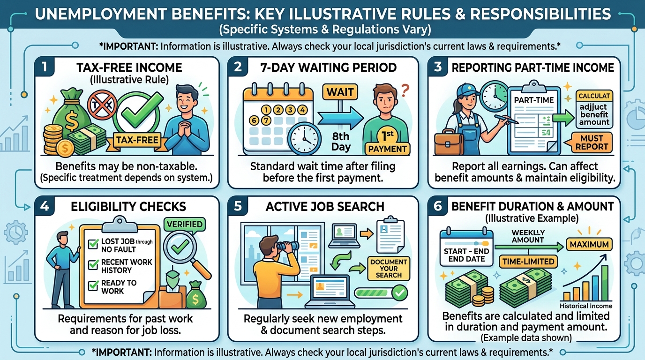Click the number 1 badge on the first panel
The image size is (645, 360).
(x=45, y=67)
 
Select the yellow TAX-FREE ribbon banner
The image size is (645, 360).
(x=137, y=141)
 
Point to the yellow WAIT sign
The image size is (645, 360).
(x=340, y=92)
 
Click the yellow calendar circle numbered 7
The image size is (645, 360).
(x=266, y=120)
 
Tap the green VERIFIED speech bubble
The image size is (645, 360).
(x=184, y=225)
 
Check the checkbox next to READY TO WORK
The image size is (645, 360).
(x=93, y=285)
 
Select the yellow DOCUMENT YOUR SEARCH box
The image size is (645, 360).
(x=389, y=269)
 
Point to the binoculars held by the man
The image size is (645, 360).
(x=288, y=246)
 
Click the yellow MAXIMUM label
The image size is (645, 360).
(x=589, y=245)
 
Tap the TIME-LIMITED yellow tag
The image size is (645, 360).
(x=528, y=262)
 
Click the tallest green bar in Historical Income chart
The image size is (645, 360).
(x=605, y=283)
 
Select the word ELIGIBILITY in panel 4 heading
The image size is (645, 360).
(x=104, y=207)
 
